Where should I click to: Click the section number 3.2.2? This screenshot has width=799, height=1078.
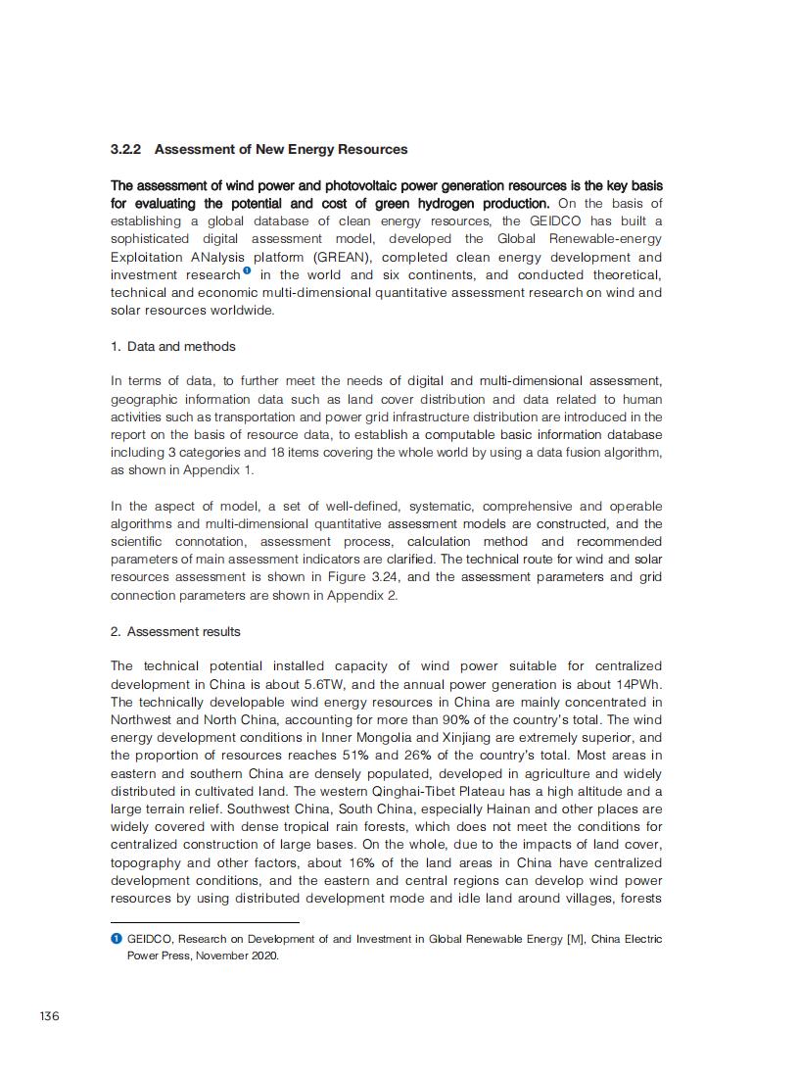click(x=126, y=150)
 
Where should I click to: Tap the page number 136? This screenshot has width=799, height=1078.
click(x=49, y=1015)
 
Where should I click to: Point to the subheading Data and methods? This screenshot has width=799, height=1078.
click(x=181, y=347)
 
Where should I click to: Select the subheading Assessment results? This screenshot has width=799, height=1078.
click(x=183, y=632)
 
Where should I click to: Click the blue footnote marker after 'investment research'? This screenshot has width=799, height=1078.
click(x=248, y=271)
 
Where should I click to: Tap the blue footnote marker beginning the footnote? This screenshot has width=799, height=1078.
click(x=116, y=939)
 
